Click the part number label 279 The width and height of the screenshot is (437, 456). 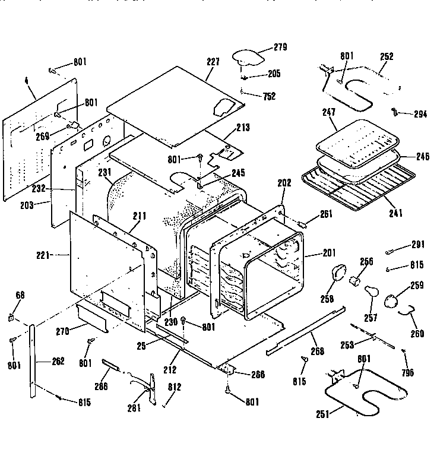280,47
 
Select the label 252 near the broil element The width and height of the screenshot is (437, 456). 387,56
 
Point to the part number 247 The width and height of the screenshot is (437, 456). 328,112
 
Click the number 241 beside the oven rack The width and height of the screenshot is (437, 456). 389,200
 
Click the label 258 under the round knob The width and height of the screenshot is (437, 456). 328,299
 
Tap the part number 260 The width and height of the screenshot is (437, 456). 417,333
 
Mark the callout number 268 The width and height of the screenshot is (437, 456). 318,351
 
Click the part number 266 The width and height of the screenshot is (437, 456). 257,375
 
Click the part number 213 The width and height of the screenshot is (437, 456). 243,127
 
